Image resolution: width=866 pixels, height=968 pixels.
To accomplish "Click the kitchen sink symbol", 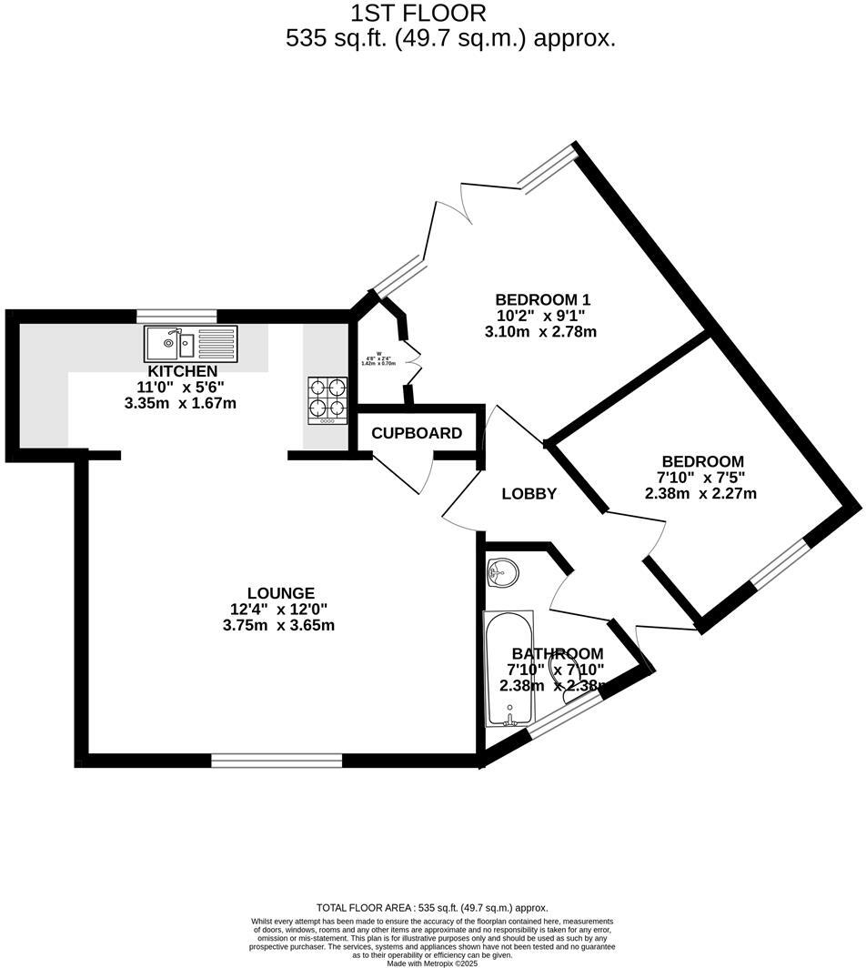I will pyautogui.click(x=190, y=343).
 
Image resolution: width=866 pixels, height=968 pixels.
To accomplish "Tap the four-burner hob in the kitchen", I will pyautogui.click(x=327, y=400).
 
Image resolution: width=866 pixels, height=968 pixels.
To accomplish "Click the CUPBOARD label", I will pyautogui.click(x=417, y=433).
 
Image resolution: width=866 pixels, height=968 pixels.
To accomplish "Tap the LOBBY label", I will pyautogui.click(x=529, y=494).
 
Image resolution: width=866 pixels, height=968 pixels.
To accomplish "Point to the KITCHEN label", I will pyautogui.click(x=182, y=371).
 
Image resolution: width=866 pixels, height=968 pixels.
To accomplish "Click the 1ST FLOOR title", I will pyautogui.click(x=418, y=14).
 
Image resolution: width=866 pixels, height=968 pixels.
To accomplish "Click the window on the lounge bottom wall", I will pyautogui.click(x=277, y=761).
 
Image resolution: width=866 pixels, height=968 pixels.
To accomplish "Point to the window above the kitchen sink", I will pyautogui.click(x=176, y=316).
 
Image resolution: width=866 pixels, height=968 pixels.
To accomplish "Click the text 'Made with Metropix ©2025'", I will pyautogui.click(x=432, y=963).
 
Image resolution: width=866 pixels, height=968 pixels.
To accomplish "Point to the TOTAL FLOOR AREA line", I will pyautogui.click(x=432, y=908).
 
